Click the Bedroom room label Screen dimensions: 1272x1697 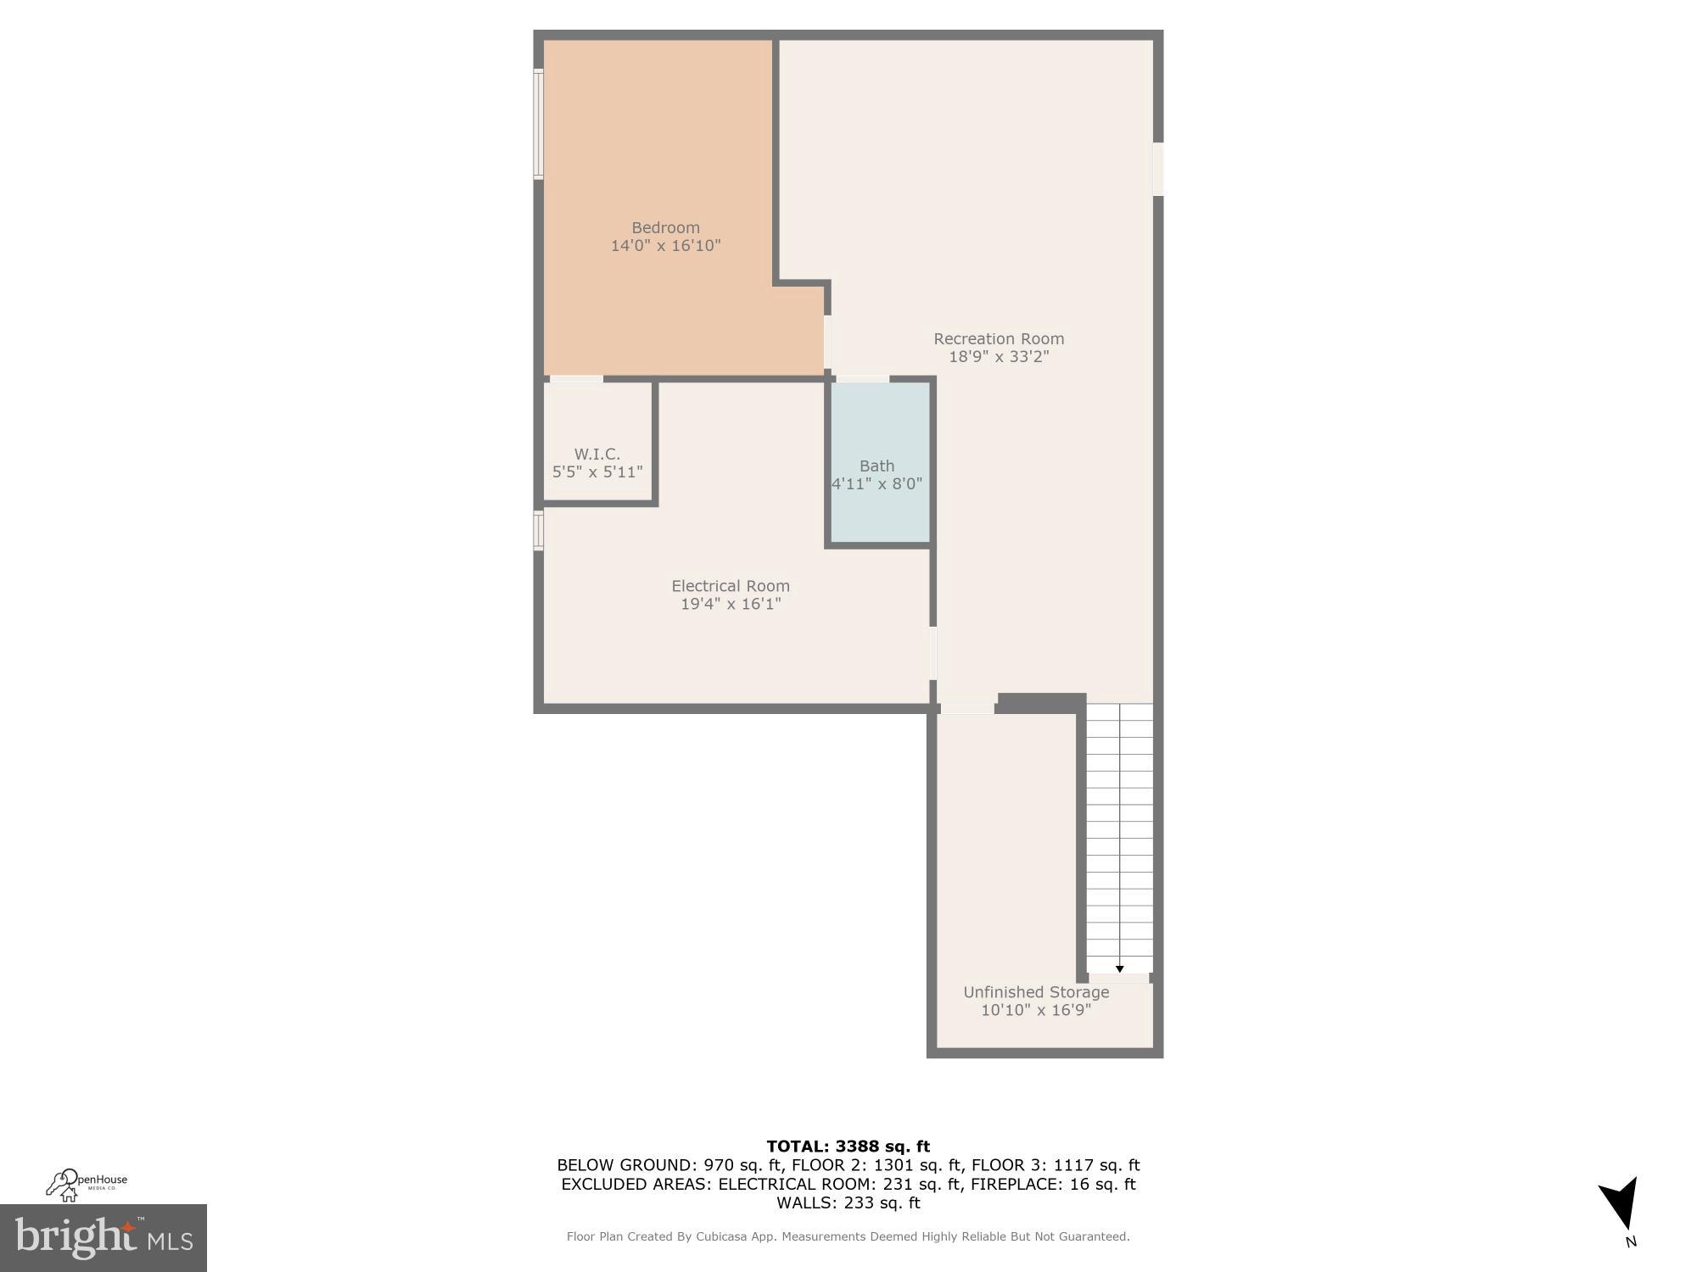coord(665,227)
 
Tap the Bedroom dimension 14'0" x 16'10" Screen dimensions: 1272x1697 coord(665,246)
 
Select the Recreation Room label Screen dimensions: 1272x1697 coord(998,338)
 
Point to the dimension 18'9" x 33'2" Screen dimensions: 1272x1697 coord(998,357)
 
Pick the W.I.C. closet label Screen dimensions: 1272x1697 coord(596,454)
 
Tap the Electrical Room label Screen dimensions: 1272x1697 coord(730,586)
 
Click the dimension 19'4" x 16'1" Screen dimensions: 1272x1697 coord(730,605)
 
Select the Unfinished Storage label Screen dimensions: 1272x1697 coord(1035,992)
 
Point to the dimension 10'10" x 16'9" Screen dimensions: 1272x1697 coord(1035,1011)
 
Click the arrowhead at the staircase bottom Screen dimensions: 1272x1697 coord(1119,968)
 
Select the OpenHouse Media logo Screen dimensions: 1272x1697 coord(87,1185)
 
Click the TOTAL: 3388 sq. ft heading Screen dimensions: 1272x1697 coord(848,1146)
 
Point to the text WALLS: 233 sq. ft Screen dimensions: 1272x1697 coord(848,1202)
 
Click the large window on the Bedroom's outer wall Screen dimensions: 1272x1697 coord(538,124)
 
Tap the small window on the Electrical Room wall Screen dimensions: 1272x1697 coord(538,530)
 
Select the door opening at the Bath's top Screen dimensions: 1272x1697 coord(862,379)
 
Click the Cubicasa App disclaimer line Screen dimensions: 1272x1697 coord(848,1236)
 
